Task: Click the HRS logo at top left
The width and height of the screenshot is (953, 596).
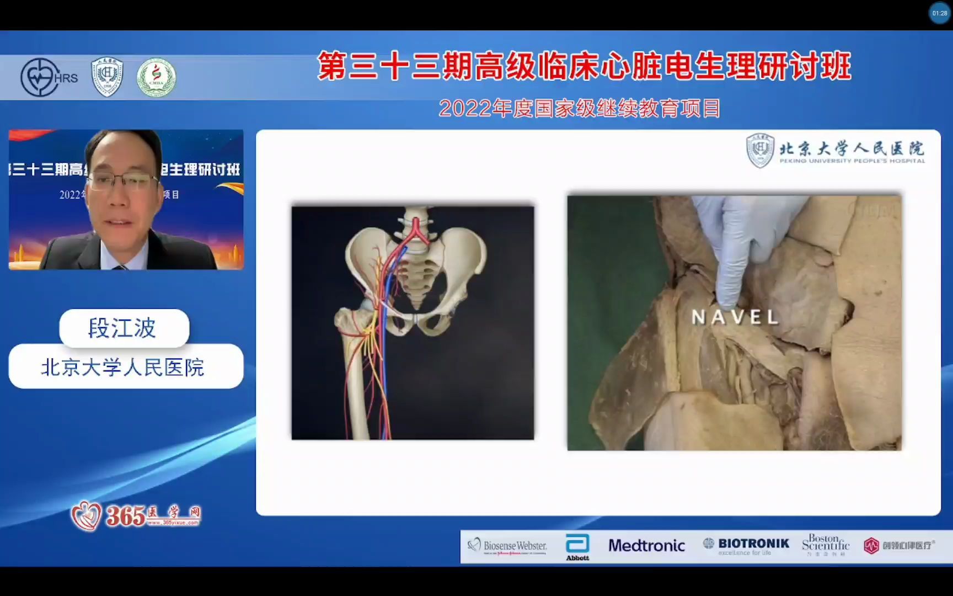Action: point(49,77)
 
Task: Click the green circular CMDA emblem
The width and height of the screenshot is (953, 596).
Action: point(156,78)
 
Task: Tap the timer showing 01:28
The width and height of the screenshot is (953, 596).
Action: point(939,13)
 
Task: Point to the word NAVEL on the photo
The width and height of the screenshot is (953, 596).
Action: point(734,317)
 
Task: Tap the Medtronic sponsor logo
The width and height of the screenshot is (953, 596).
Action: point(646,546)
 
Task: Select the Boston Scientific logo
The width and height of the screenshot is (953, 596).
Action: point(825,545)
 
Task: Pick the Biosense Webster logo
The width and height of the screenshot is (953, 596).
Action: point(507,546)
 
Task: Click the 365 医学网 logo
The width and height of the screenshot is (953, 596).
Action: point(136,516)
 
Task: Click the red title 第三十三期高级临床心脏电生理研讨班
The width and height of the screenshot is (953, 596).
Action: point(584,67)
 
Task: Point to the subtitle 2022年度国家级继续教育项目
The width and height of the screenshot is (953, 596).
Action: point(579,109)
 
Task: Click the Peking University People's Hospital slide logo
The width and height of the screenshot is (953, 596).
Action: point(836,151)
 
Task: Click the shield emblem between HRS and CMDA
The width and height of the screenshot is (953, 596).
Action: point(107,77)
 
